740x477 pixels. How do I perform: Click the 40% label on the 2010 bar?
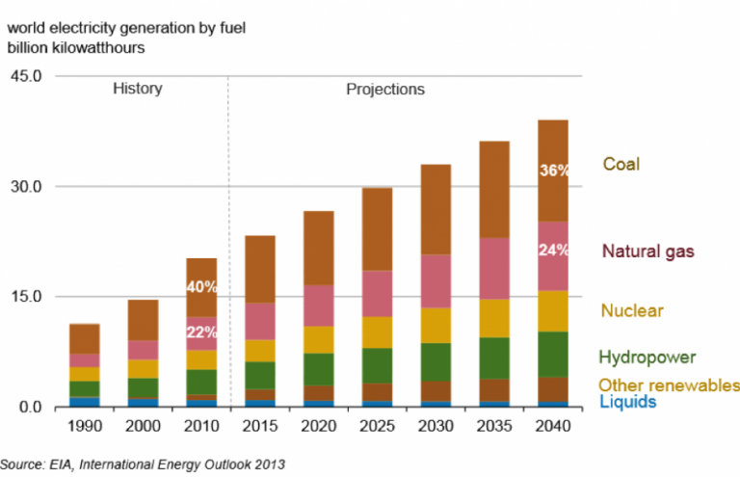[202, 287]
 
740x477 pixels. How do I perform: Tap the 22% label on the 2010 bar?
[202, 332]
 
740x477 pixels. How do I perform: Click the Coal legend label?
[621, 165]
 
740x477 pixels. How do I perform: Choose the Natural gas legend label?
[648, 252]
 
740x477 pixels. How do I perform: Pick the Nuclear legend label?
[632, 310]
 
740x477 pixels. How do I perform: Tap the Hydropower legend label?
[647, 358]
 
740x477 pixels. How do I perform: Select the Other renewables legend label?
[669, 385]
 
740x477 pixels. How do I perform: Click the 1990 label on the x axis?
[84, 426]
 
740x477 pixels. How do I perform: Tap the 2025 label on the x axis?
[378, 426]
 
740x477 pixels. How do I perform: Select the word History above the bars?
[138, 89]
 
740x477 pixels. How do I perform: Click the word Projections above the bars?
[385, 89]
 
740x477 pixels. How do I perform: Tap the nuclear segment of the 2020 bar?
[319, 339]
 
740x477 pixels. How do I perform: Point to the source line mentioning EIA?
[145, 465]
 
